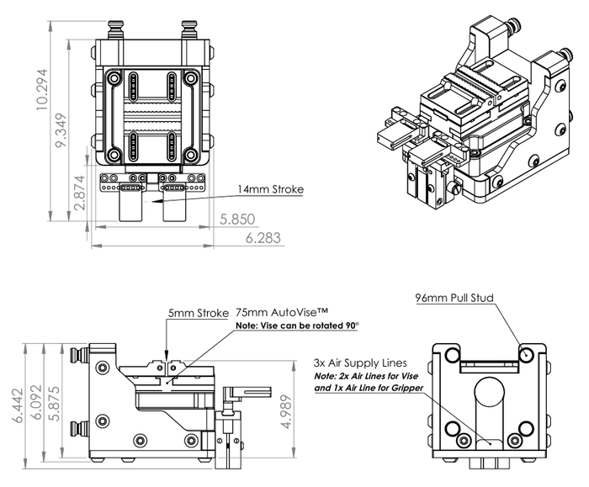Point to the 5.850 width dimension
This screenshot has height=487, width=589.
coord(237,219)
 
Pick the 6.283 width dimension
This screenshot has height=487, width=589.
coord(263,239)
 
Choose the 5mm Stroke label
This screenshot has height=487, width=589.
coord(197,313)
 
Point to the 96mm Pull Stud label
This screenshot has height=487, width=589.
coord(454,298)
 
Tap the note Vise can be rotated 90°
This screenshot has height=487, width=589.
coord(297,326)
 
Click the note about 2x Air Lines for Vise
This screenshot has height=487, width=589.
coord(369,382)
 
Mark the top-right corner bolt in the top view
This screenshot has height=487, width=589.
coord(192,79)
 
